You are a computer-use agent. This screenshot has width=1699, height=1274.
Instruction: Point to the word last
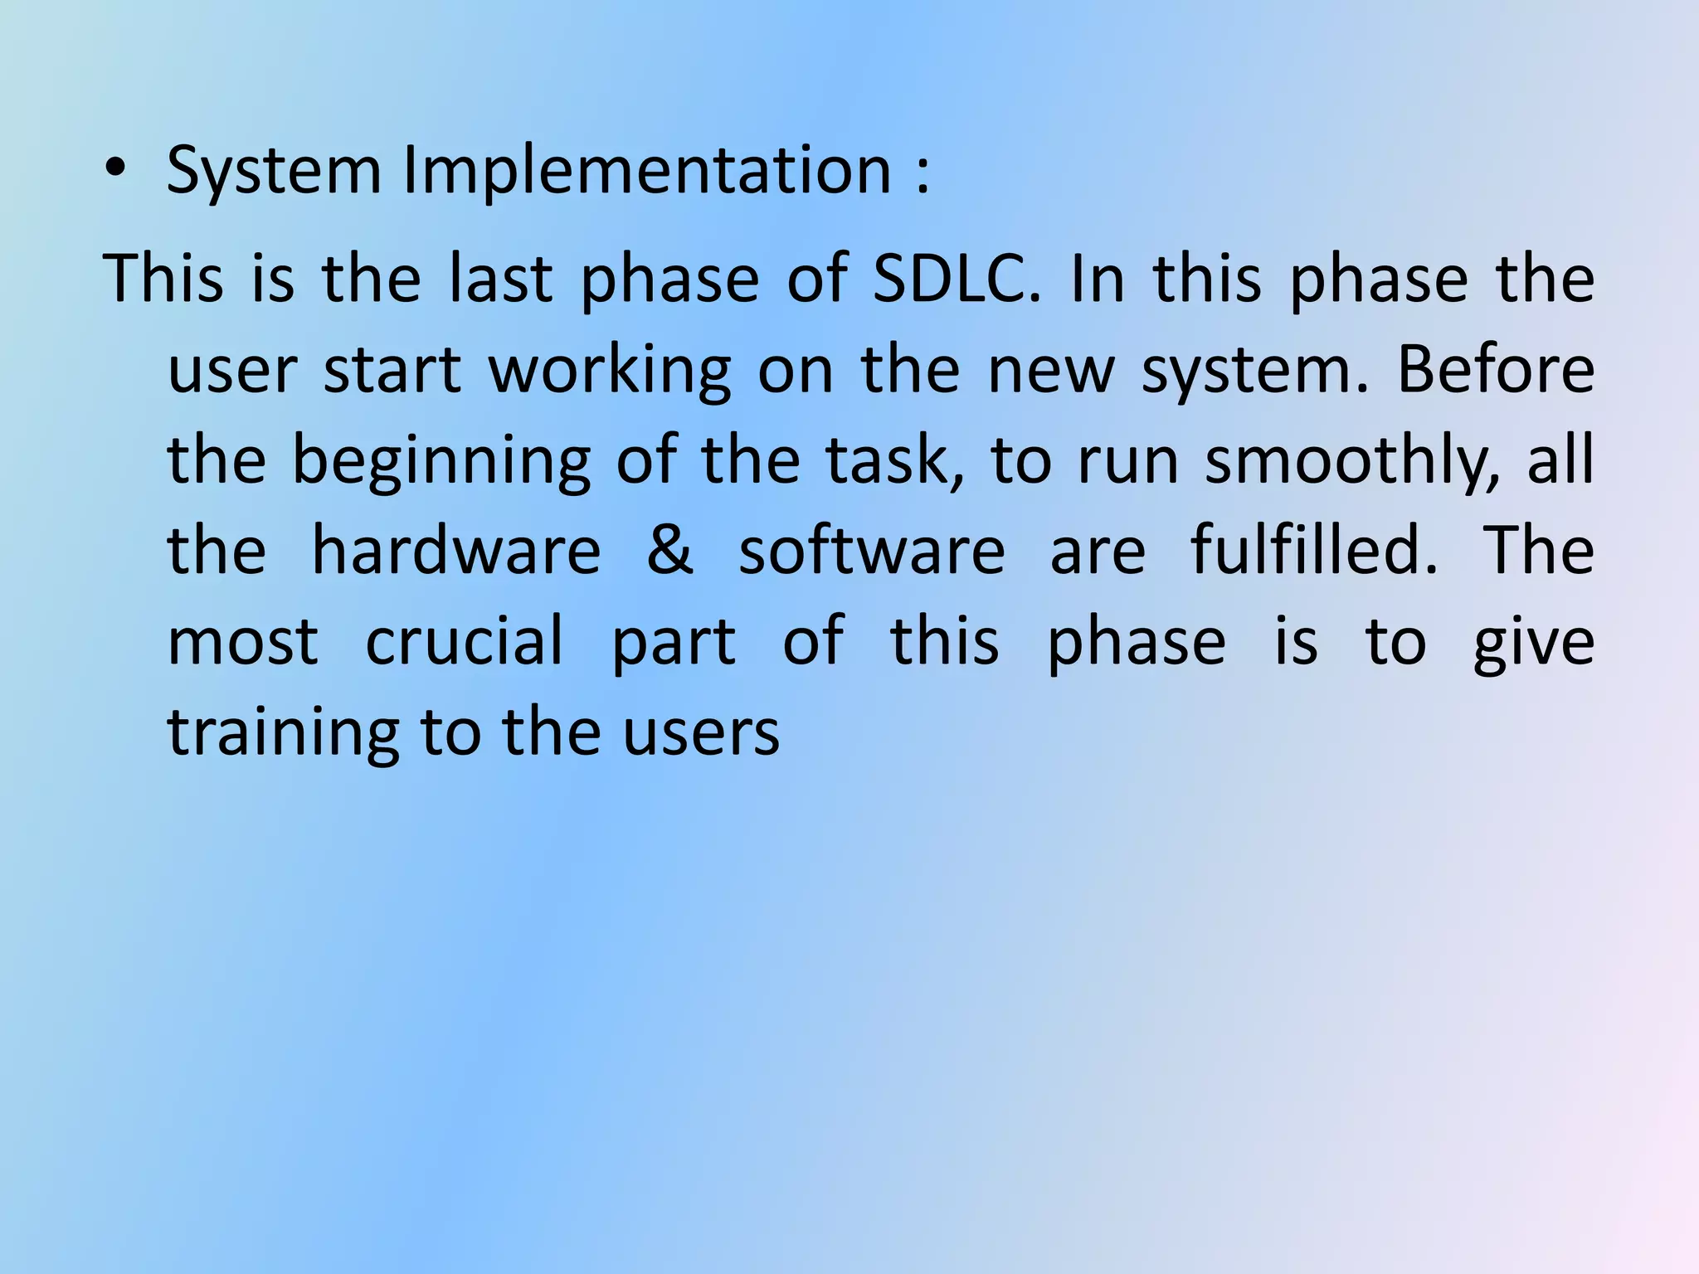(x=499, y=278)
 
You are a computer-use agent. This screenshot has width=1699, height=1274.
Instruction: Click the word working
(x=610, y=371)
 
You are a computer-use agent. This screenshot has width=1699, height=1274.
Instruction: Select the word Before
(x=1495, y=369)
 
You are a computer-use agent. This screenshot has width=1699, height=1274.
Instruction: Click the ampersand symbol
(x=669, y=552)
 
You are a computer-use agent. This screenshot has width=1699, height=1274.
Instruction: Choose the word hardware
(x=455, y=552)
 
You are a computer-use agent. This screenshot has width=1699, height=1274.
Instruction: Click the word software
(x=871, y=552)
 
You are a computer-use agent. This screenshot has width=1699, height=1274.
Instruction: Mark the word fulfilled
(x=1313, y=552)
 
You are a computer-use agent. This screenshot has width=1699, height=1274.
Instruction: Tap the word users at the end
(x=701, y=734)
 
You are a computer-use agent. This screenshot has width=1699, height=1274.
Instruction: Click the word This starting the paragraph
(x=163, y=278)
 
